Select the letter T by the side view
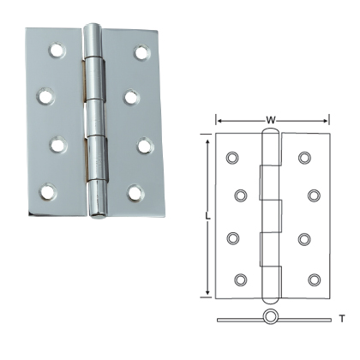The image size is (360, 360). pyautogui.click(x=341, y=319)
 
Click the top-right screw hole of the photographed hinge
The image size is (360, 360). pyautogui.click(x=141, y=52)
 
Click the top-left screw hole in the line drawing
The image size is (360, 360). pyautogui.click(x=232, y=158)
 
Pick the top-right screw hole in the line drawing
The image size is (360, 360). pyautogui.click(x=304, y=158)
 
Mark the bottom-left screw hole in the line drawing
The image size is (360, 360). pyautogui.click(x=240, y=279)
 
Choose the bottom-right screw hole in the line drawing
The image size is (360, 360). pyautogui.click(x=314, y=279)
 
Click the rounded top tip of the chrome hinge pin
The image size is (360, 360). pyautogui.click(x=94, y=32)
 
